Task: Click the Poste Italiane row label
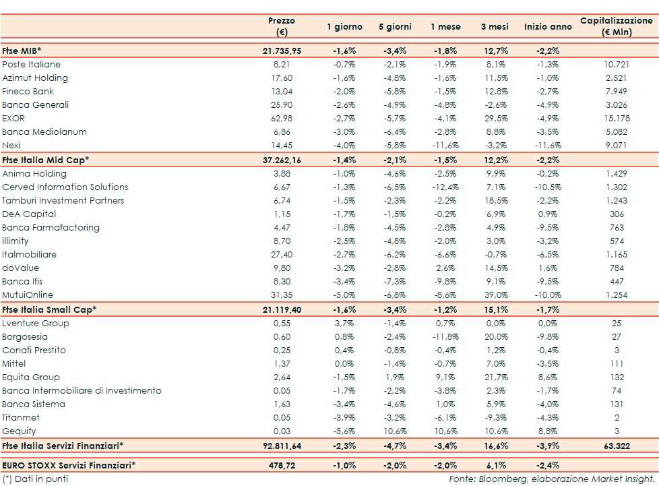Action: pos(31,65)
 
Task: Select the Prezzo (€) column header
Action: pos(281,26)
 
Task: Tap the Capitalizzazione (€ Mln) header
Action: pos(616,26)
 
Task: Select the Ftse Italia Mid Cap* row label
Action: pos(45,160)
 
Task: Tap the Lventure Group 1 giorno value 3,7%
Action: pos(344,324)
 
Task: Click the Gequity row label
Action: pos(19,431)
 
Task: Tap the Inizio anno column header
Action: pos(547,27)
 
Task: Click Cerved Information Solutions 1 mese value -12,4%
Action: pos(445,187)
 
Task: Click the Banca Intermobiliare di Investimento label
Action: pos(82,391)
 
